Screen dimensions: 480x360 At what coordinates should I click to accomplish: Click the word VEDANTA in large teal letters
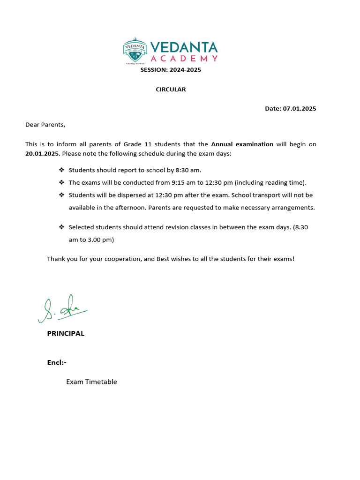[x=184, y=47]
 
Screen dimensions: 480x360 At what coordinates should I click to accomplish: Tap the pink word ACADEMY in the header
[x=184, y=59]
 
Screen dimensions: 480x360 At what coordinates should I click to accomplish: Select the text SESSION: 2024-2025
[x=171, y=70]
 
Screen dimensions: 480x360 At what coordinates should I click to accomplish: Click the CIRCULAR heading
[x=171, y=90]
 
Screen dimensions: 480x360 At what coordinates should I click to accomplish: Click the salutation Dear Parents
[x=45, y=125]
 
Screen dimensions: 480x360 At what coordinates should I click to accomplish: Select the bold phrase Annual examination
[x=242, y=144]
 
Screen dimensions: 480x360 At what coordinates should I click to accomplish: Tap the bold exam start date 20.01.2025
[x=42, y=154]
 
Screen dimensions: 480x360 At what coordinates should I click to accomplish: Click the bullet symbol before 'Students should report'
[x=61, y=170]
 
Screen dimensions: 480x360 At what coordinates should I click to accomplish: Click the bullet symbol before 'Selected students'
[x=61, y=227]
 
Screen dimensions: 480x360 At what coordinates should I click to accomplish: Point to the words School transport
[x=251, y=195]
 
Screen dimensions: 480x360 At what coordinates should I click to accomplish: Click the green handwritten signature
[x=61, y=309]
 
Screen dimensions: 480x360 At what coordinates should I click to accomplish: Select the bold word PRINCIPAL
[x=66, y=334]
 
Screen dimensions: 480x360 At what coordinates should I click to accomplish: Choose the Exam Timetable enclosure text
[x=91, y=382]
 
